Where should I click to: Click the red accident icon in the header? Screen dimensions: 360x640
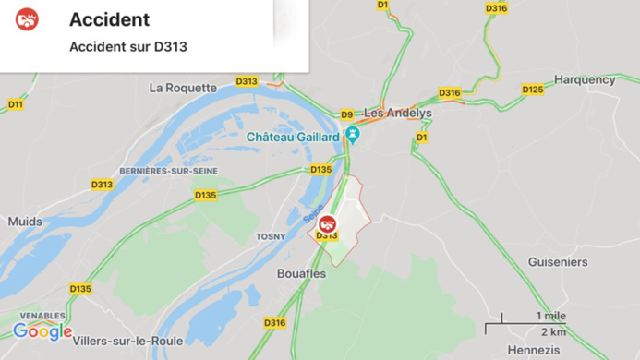28,19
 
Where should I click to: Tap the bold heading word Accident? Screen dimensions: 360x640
109,19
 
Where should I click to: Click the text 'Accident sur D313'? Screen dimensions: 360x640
127,46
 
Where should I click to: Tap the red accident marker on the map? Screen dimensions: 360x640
327,223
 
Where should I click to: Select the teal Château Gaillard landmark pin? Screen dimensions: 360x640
352,136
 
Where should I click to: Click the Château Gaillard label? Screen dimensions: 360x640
293,138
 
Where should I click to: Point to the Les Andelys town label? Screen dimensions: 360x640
397,113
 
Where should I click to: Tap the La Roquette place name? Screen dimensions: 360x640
183,89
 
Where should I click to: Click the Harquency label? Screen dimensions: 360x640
585,79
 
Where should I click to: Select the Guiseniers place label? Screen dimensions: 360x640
558,262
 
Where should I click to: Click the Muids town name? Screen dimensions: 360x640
25,222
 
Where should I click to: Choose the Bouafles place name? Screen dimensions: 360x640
301,273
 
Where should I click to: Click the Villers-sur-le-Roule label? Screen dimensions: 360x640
127,341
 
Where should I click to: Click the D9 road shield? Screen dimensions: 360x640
347,115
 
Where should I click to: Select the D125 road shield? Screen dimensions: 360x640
533,90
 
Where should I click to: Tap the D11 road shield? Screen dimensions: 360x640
16,104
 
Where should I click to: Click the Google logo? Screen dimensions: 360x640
42,331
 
